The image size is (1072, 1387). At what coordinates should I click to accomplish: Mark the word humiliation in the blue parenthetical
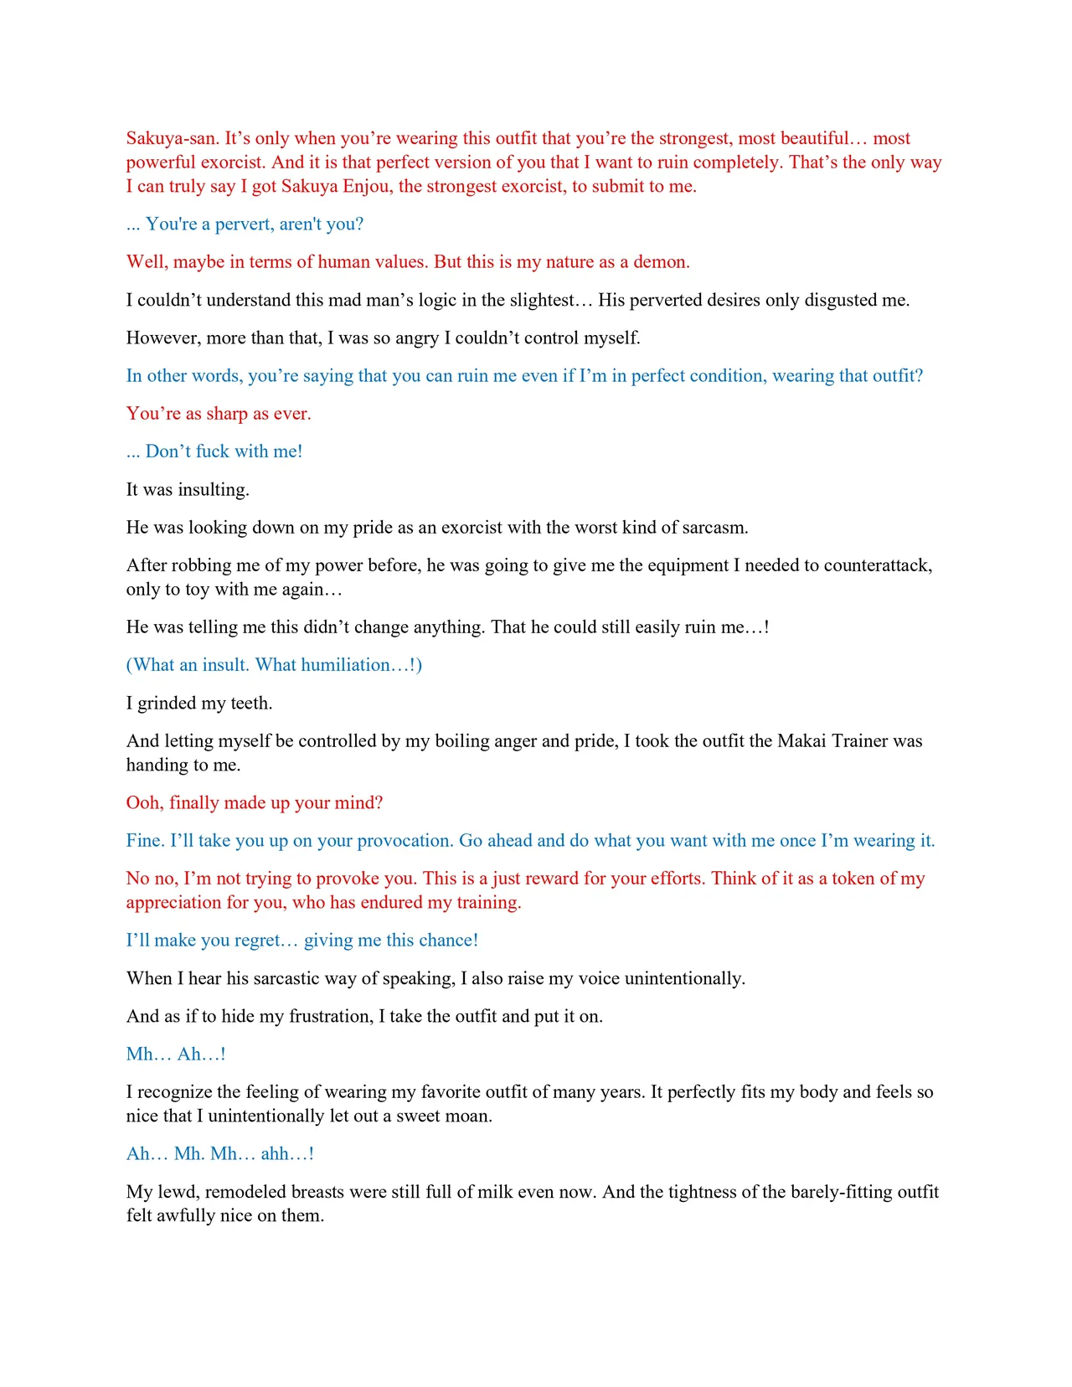coord(348,665)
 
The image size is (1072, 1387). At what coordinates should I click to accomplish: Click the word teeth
coord(250,703)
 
